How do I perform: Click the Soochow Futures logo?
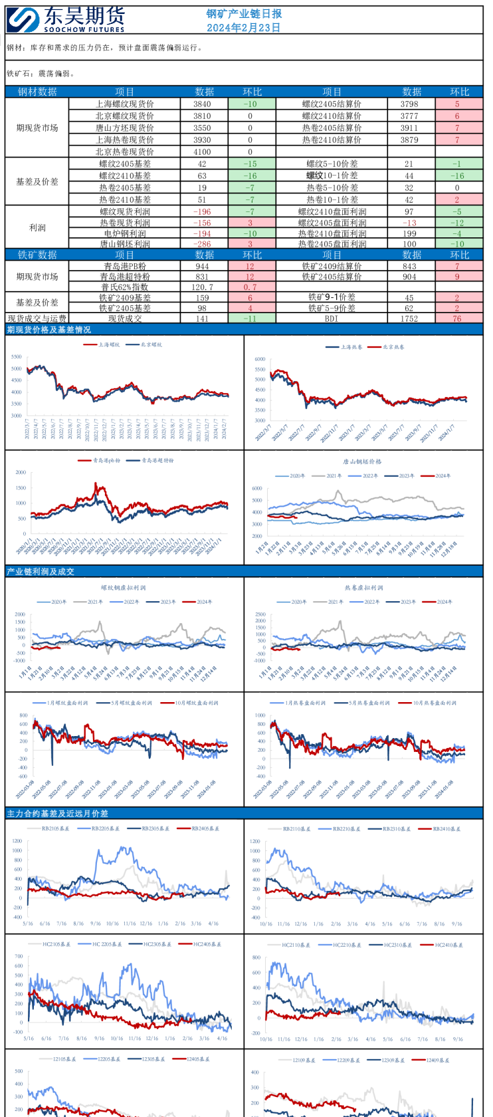point(66,20)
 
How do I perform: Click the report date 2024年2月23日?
point(243,28)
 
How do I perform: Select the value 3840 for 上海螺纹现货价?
point(202,104)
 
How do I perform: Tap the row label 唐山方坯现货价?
point(125,128)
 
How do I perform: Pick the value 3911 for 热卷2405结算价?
point(409,128)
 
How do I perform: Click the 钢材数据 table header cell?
point(37,92)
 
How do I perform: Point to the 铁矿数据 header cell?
point(37,255)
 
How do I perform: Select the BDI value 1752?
point(409,318)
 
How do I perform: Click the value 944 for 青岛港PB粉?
point(202,266)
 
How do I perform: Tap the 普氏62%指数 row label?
point(125,287)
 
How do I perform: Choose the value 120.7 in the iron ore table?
point(202,287)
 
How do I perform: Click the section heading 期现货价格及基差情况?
point(49,330)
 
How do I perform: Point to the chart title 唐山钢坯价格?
point(362,461)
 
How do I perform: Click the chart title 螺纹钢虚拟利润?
point(123,588)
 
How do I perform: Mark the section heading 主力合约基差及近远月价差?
point(57,813)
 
